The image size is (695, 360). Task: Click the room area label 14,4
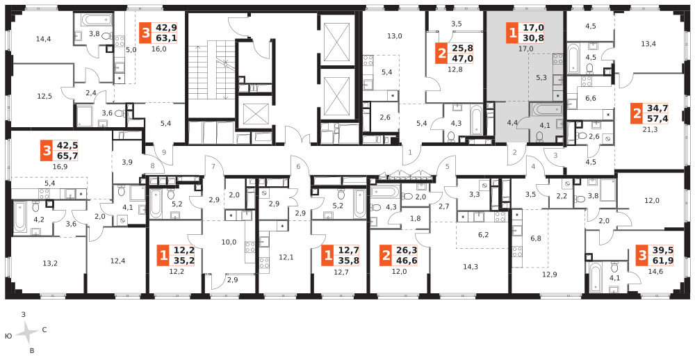click(43, 39)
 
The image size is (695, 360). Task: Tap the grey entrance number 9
click(164, 152)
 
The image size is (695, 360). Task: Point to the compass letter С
click(44, 330)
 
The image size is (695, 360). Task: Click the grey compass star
click(28, 332)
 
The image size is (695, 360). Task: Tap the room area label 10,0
click(229, 242)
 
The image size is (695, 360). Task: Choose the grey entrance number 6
click(299, 167)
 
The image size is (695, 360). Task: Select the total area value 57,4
click(657, 118)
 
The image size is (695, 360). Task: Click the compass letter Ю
click(9, 336)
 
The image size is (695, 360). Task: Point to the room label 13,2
click(50, 263)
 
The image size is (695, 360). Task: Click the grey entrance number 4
click(534, 167)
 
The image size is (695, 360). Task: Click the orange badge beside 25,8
click(441, 54)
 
